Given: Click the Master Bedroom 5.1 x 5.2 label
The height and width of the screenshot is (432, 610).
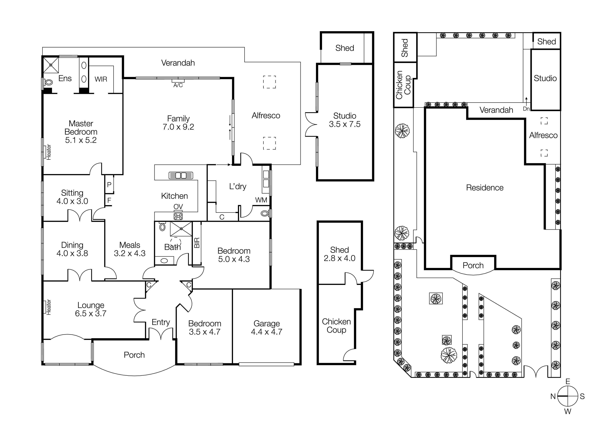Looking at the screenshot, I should pos(81,132).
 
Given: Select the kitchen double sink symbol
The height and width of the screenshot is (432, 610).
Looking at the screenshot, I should pos(181,175).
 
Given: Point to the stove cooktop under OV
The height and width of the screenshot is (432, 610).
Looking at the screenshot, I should pos(178,216).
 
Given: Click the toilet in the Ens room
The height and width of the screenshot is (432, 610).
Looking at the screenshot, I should pos(48,82).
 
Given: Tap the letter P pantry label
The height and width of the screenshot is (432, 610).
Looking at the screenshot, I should pos(109,185).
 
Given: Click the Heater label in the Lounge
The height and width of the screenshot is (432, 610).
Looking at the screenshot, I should pos(49,307).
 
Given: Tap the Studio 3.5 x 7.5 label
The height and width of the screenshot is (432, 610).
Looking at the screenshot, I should pos(345,120).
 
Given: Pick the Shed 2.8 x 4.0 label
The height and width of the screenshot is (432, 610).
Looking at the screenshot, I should pos(339,254).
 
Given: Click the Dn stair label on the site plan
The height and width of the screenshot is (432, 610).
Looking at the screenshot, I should pos(526,109).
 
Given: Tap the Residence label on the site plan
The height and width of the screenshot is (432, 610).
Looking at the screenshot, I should pos(485,188).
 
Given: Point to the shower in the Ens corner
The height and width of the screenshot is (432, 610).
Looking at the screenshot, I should pos(51,65).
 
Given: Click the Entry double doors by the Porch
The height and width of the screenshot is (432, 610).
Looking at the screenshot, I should pos(161,334).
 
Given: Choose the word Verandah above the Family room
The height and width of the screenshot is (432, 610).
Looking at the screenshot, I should pos(178,63).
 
